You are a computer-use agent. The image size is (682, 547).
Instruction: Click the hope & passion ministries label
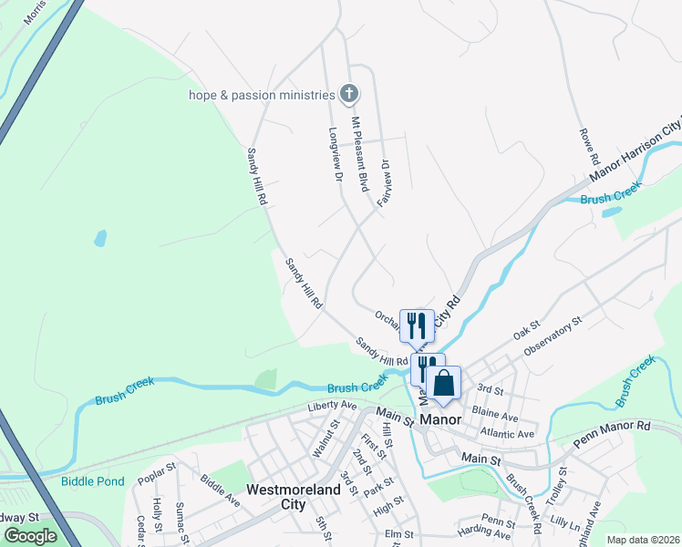262,95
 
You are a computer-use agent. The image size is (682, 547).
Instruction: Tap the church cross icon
349,93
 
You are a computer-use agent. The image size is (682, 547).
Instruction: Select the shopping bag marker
444,383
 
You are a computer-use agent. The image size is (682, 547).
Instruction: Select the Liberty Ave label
332,405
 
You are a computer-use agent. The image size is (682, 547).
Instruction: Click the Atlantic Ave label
507,434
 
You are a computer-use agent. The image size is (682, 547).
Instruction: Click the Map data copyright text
643,540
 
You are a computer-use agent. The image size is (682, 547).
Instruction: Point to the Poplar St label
155,478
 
